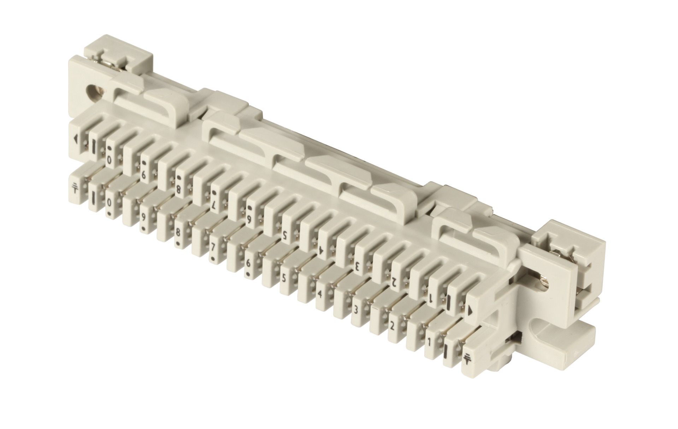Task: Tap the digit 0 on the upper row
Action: tap(110, 160)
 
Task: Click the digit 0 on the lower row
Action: tap(110, 203)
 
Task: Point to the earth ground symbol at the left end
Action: tap(75, 188)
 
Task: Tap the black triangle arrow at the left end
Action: tap(75, 139)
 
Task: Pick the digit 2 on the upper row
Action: tap(392, 281)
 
